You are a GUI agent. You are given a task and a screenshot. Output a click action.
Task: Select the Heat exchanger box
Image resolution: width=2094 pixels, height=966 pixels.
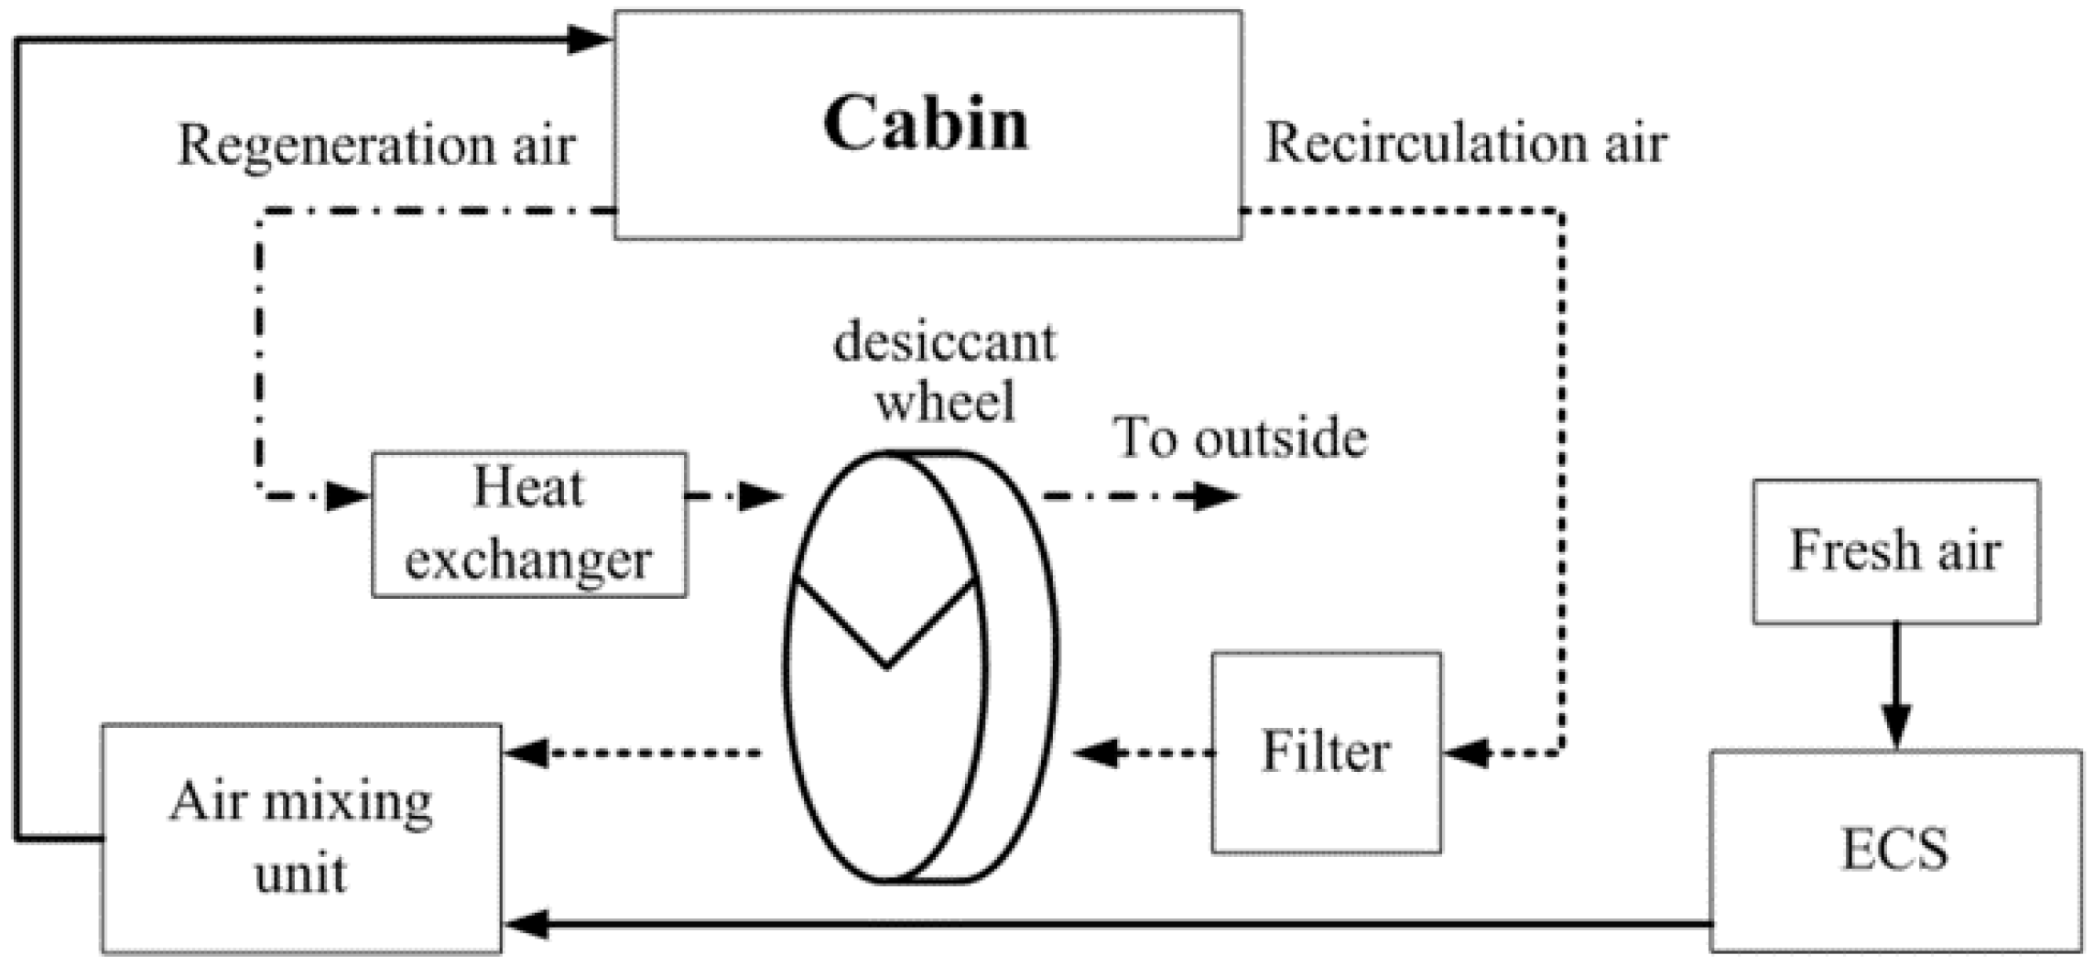coord(528,524)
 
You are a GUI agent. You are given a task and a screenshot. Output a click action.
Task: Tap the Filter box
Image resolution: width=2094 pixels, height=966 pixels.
coord(1326,753)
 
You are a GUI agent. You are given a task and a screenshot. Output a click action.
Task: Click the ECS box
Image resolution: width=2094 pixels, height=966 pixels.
coord(1894,850)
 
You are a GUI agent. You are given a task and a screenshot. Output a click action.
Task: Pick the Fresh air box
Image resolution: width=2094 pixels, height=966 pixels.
coord(1895,551)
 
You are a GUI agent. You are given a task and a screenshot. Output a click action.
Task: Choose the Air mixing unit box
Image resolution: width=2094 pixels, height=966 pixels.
coord(301,838)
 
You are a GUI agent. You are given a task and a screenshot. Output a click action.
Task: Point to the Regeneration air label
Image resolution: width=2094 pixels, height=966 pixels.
coord(375,145)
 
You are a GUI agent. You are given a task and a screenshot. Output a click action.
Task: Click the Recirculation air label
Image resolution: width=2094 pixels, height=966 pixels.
coord(1465,144)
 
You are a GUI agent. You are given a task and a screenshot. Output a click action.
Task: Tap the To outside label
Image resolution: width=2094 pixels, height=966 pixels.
coord(1240,438)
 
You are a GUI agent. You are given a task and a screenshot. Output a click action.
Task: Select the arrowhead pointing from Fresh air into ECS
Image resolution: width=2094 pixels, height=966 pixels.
coord(1896,727)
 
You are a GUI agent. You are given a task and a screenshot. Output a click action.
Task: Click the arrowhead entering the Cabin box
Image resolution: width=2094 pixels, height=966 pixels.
coord(589,39)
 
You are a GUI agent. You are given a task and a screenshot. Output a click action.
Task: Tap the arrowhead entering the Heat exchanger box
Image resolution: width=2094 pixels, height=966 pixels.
coord(348,496)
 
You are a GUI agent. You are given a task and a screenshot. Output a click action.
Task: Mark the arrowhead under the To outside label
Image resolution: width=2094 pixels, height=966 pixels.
coord(1217,496)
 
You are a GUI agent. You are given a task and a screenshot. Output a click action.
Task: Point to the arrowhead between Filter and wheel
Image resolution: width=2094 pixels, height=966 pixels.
coord(1098,754)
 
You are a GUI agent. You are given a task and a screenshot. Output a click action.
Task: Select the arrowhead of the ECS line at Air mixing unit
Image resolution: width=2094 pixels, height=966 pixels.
coord(527,924)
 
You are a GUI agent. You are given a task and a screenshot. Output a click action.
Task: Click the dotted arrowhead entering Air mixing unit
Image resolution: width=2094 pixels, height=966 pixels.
coord(527,754)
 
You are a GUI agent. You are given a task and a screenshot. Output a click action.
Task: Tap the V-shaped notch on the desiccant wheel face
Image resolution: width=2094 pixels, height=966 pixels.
coord(885,641)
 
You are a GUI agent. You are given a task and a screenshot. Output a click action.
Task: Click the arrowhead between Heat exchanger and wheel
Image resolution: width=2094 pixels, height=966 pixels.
coord(761,496)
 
